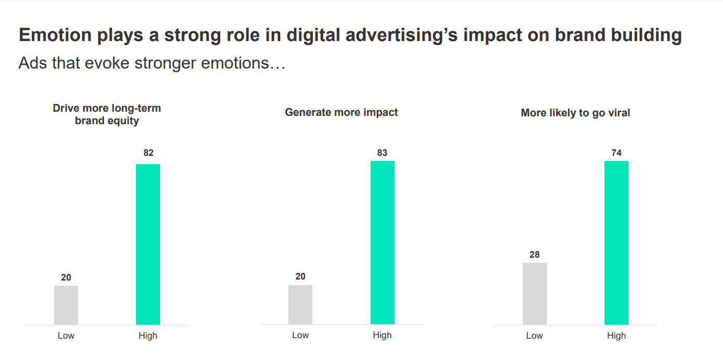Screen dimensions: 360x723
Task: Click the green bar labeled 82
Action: [148, 244]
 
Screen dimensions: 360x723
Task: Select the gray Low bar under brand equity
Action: [66, 305]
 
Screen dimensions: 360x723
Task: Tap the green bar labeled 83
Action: [383, 243]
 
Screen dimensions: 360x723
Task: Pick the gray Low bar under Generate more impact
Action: [300, 305]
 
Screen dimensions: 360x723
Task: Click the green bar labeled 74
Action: [616, 243]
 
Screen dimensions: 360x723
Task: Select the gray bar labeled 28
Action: [535, 294]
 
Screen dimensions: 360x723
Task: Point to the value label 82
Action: [149, 153]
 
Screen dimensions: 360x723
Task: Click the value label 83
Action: [383, 153]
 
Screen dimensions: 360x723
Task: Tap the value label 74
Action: [616, 153]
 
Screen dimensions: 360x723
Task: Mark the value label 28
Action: [534, 255]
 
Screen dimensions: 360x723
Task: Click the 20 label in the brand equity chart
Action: [66, 277]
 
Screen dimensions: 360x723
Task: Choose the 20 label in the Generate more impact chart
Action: [300, 276]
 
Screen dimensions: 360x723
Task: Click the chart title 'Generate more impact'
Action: [341, 112]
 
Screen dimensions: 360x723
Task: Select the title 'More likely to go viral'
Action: [575, 113]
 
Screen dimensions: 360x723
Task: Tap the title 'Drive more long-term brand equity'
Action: [107, 114]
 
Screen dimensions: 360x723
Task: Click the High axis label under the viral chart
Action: [616, 336]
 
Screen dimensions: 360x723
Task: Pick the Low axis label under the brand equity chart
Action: [66, 336]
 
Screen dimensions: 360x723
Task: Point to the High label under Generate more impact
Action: [382, 335]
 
